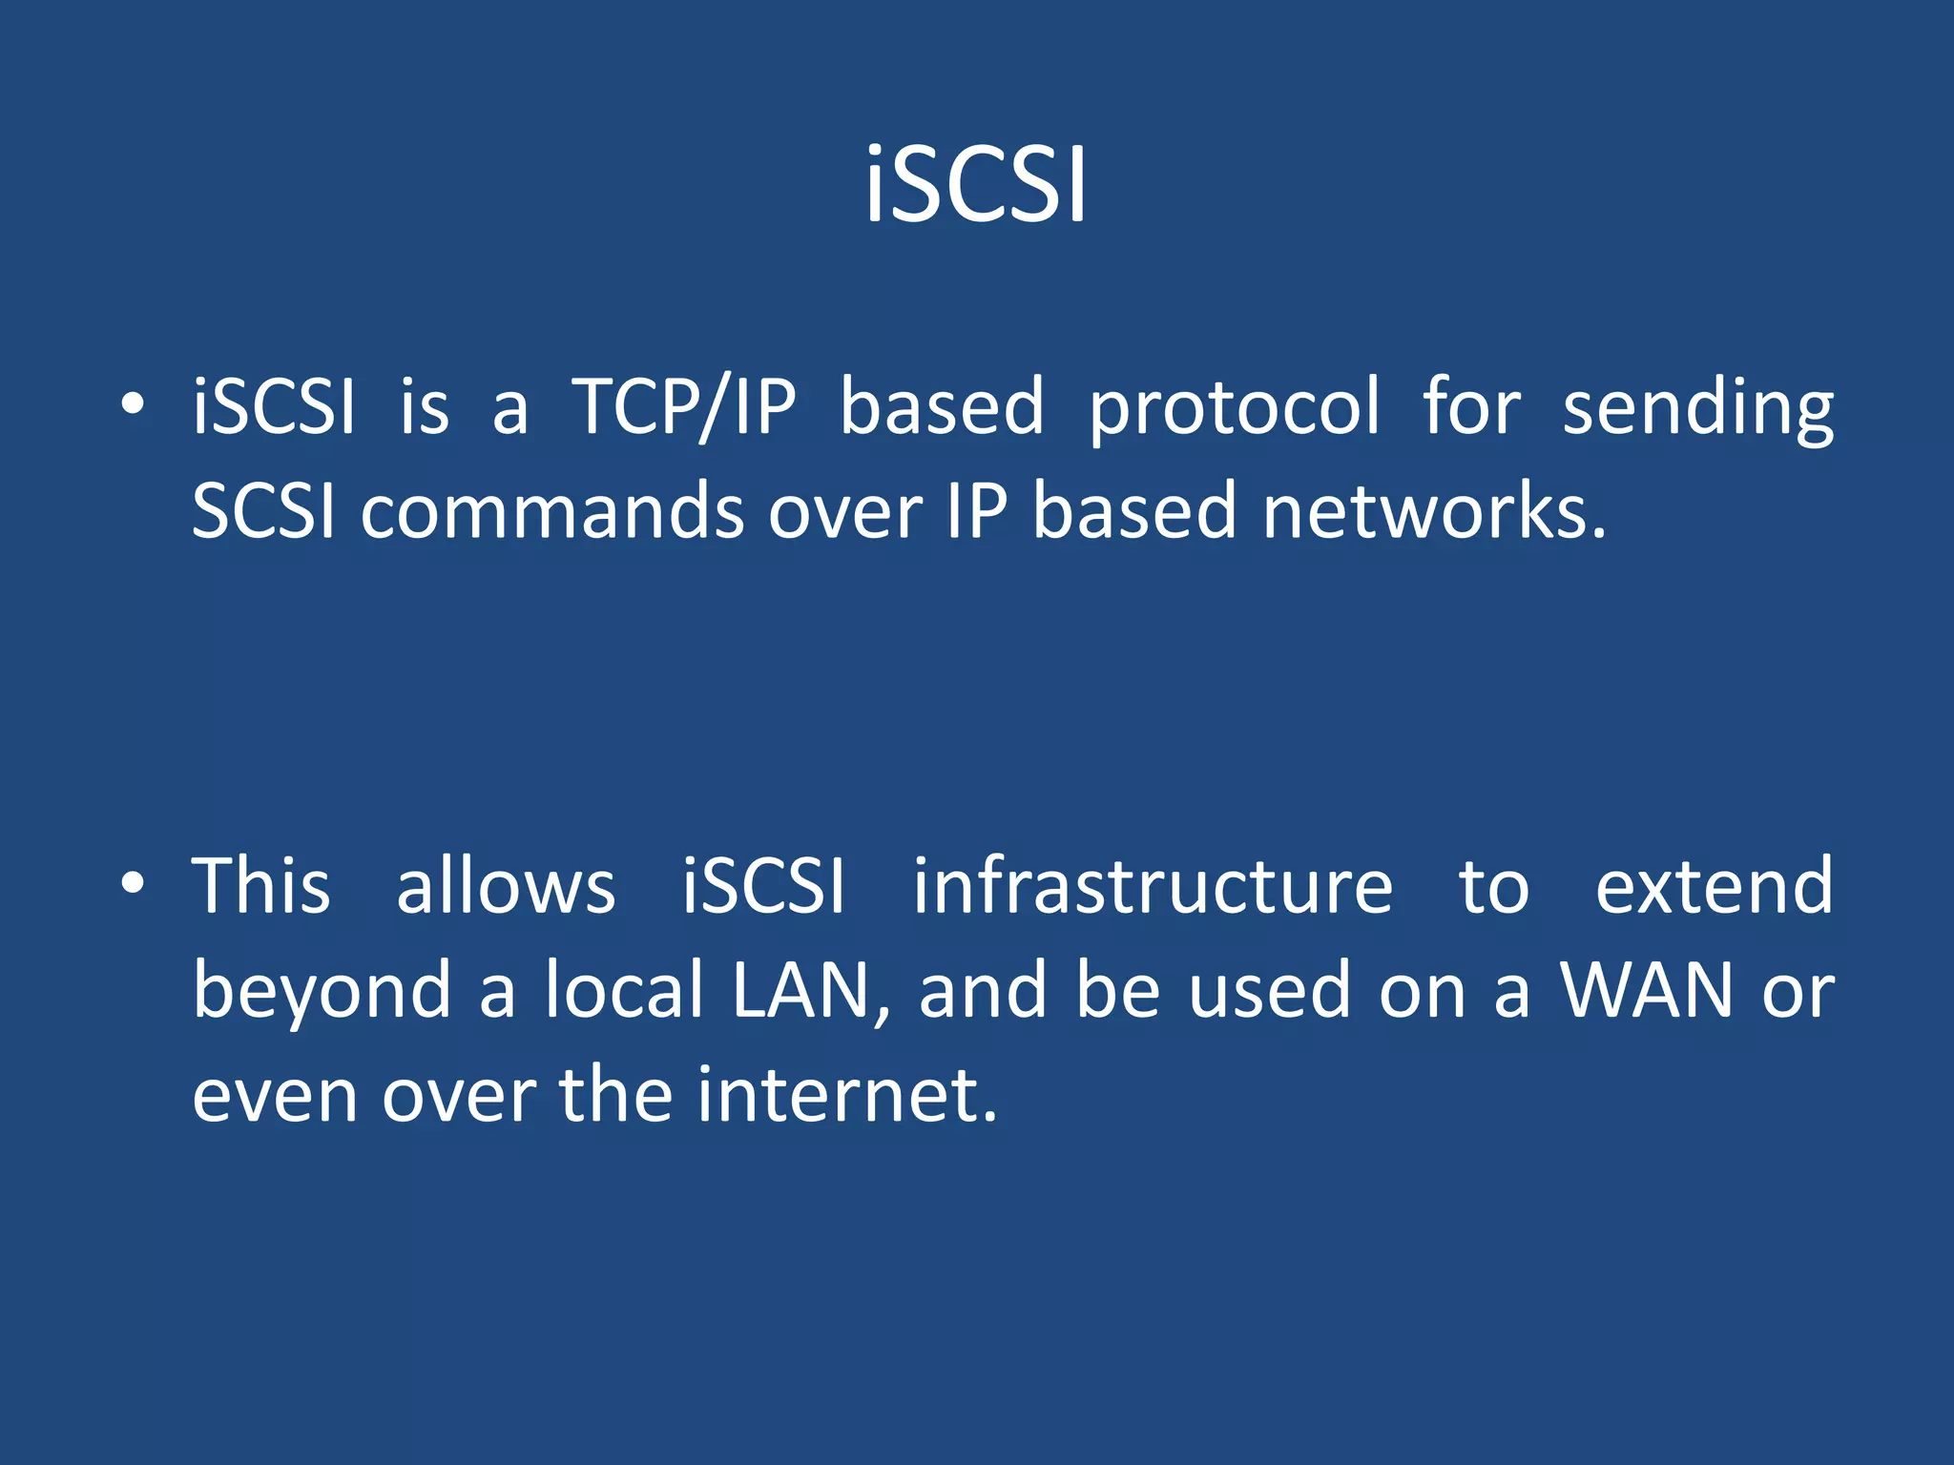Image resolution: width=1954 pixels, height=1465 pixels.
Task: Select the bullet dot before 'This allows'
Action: (x=133, y=883)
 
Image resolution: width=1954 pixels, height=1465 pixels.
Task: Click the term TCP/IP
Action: (x=683, y=408)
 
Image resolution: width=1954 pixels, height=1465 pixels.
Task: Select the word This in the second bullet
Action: (x=261, y=887)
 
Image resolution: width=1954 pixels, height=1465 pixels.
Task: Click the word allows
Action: (x=506, y=887)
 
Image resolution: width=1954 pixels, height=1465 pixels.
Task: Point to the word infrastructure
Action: (x=1153, y=887)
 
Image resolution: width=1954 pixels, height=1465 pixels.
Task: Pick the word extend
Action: (x=1714, y=887)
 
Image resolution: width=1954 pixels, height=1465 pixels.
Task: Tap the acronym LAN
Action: (x=800, y=992)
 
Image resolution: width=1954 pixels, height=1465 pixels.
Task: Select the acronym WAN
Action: (x=1647, y=992)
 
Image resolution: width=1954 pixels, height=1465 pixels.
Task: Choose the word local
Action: (x=624, y=990)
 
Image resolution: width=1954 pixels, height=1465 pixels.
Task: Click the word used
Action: (x=1269, y=992)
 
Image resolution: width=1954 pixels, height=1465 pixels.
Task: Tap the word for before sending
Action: (x=1470, y=408)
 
